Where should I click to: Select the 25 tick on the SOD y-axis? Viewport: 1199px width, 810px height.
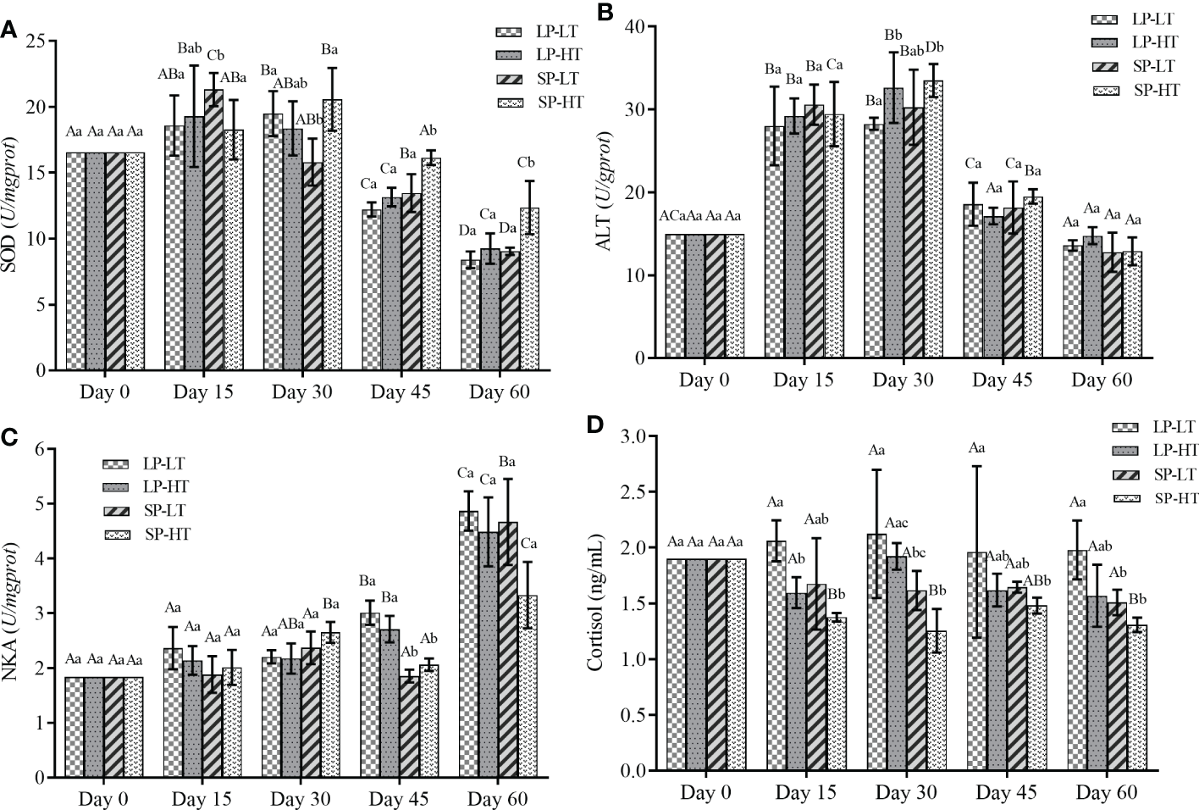click(36, 41)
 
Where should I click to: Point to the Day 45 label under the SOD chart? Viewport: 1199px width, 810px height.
click(401, 391)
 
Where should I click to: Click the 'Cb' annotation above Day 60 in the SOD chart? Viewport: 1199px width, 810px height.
click(526, 163)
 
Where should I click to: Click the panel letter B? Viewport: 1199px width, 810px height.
click(605, 12)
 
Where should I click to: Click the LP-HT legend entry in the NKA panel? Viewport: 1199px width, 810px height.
click(165, 487)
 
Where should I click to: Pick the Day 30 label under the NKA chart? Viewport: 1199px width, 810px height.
click(301, 799)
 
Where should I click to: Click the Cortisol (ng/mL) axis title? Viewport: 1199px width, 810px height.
click(595, 602)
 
